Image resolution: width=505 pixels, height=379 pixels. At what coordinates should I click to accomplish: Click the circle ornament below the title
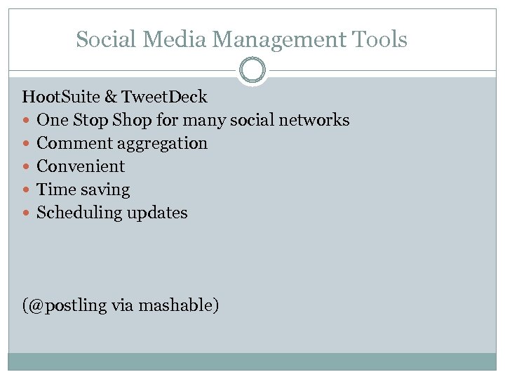point(252,71)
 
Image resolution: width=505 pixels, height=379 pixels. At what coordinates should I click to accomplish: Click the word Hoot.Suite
point(61,97)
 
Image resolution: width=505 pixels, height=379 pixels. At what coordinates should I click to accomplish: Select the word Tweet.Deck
point(166,97)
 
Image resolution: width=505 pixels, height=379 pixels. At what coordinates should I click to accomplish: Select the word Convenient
point(81,166)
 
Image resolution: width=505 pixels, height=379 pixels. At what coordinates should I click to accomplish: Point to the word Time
point(53,189)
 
